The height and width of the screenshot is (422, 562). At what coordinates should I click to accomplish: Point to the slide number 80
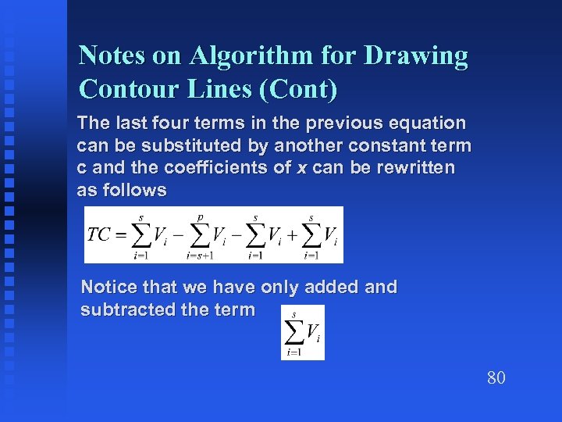496,378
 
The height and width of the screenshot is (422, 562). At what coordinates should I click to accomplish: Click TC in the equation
99,235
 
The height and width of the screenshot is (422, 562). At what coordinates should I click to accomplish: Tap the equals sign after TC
119,235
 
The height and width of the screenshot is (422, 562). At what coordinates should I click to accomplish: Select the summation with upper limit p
199,235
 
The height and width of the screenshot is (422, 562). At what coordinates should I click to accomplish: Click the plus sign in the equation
290,235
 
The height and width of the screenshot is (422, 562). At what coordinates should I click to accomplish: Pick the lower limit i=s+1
200,256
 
